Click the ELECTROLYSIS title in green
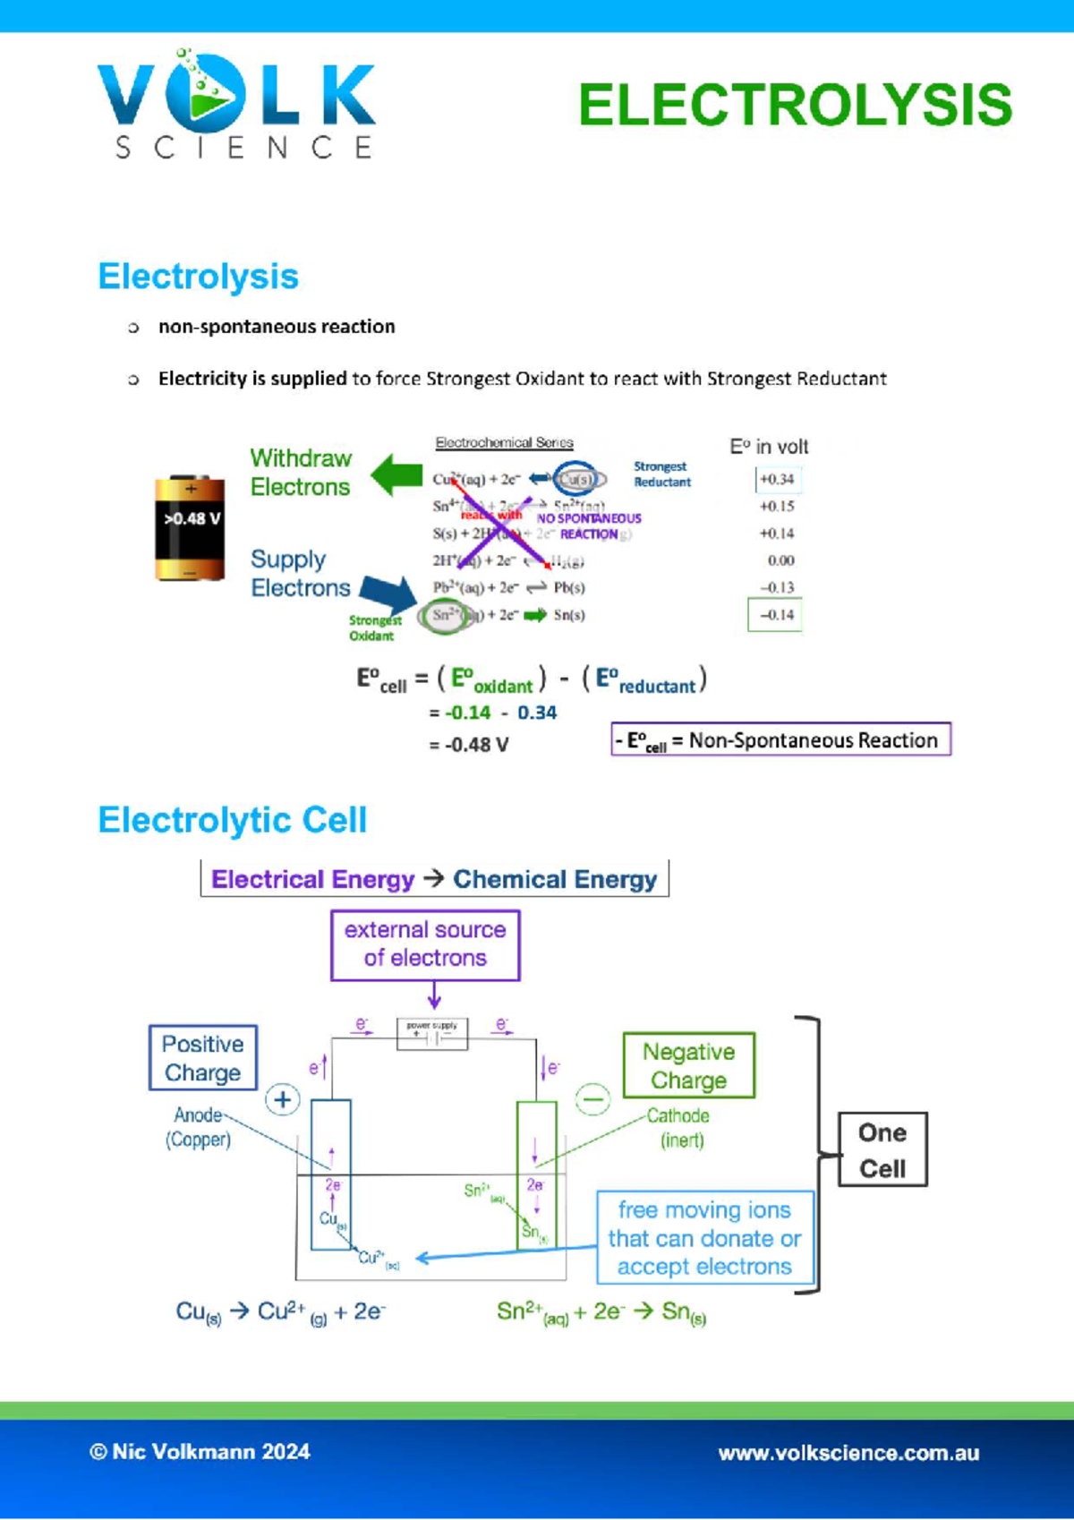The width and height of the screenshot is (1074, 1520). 795,106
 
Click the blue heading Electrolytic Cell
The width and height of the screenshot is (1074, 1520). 233,820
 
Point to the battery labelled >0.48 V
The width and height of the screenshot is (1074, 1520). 190,528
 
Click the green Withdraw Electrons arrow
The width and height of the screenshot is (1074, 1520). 396,474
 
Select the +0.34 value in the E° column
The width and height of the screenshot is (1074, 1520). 777,480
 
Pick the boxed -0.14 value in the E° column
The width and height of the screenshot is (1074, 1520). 776,615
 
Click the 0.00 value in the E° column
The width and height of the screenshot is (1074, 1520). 780,560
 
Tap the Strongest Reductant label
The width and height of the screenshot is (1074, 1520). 662,474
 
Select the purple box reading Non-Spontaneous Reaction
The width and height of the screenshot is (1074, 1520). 780,740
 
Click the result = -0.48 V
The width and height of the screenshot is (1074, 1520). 469,745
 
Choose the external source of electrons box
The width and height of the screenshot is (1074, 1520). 425,944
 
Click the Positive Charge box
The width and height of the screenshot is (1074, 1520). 203,1058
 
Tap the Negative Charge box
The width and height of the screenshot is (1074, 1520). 688,1065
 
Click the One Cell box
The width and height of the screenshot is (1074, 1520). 882,1150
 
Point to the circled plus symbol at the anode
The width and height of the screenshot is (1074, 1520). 283,1099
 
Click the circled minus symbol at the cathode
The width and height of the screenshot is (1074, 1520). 592,1098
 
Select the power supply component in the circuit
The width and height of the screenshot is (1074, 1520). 432,1034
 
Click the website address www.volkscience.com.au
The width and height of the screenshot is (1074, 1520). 848,1453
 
